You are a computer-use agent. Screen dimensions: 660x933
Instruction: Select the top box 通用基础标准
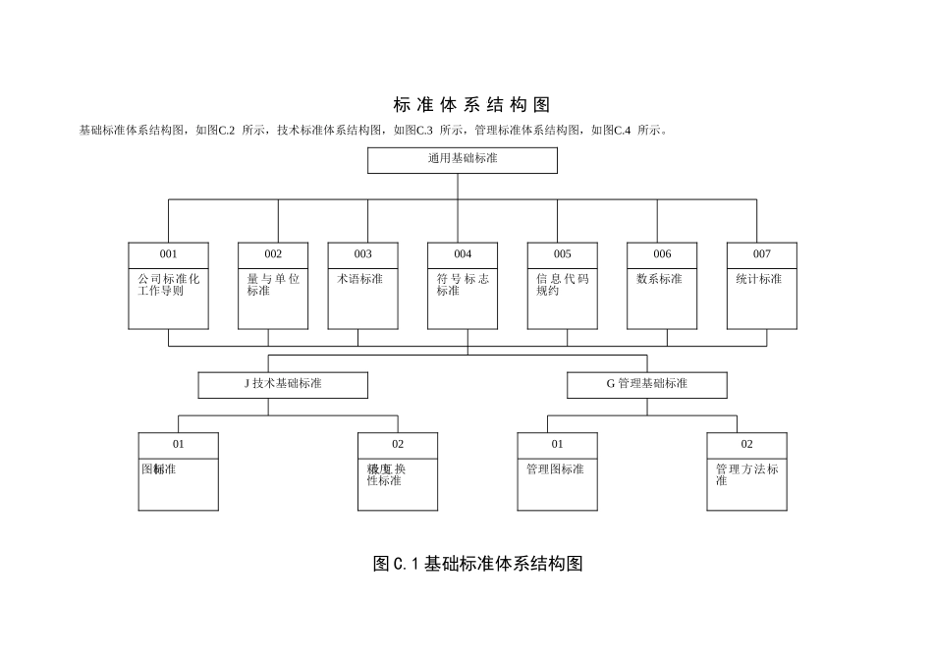coord(462,159)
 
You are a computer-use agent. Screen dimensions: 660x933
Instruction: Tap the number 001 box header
coord(168,254)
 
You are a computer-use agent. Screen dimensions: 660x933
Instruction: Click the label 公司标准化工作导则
coord(168,285)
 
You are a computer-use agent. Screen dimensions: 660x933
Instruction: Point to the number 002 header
coord(273,254)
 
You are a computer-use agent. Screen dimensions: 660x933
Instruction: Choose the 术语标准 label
coord(360,279)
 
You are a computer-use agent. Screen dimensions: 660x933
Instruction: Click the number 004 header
coord(463,254)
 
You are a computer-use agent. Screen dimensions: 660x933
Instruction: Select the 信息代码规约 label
coord(562,285)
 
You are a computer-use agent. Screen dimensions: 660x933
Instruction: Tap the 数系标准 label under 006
coord(659,279)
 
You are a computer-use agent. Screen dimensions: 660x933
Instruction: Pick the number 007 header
coord(762,254)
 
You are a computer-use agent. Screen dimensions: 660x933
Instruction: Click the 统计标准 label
coord(759,279)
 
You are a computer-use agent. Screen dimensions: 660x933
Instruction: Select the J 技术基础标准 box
coord(283,384)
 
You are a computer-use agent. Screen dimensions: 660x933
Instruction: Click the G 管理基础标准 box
coord(646,384)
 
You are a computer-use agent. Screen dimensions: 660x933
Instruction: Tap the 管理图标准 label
coord(555,469)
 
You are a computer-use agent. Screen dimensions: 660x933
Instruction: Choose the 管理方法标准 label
coord(746,475)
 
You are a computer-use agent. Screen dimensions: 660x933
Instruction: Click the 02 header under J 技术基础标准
coord(398,444)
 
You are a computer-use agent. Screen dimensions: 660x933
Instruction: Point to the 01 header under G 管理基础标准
coord(557,444)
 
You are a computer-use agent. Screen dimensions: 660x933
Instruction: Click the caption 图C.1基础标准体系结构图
coord(478,564)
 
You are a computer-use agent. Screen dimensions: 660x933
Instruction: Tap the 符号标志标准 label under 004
coord(463,285)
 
